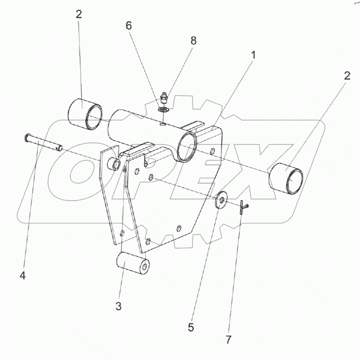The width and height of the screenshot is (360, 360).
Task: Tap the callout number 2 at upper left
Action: point(79,14)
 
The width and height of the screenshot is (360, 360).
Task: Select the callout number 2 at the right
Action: point(348,75)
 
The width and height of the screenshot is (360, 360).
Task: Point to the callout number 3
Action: point(119,306)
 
